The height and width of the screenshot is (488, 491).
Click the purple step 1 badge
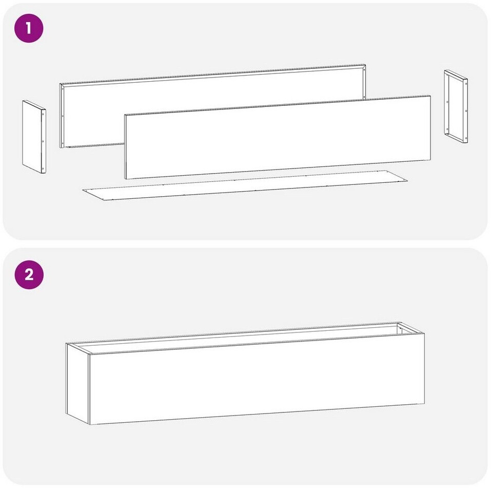pyautogui.click(x=29, y=28)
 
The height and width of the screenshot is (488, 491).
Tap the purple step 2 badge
pyautogui.click(x=29, y=275)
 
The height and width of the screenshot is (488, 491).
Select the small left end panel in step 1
pyautogui.click(x=34, y=137)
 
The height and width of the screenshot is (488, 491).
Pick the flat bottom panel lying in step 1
pyautogui.click(x=245, y=185)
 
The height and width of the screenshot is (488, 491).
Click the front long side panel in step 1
pyautogui.click(x=278, y=137)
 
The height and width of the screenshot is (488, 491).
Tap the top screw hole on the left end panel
pyautogui.click(x=43, y=115)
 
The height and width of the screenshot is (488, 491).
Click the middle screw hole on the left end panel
pyautogui.click(x=43, y=142)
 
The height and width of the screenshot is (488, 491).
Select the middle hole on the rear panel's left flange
pyautogui.click(x=63, y=116)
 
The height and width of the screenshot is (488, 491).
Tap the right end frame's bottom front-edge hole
pyautogui.click(x=466, y=137)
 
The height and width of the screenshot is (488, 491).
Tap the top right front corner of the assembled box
pyautogui.click(x=425, y=333)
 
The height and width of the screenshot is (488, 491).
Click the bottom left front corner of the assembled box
pyautogui.click(x=90, y=425)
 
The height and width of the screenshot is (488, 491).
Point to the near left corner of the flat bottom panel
pyautogui.click(x=103, y=200)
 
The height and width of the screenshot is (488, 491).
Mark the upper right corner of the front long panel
pyautogui.click(x=430, y=96)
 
